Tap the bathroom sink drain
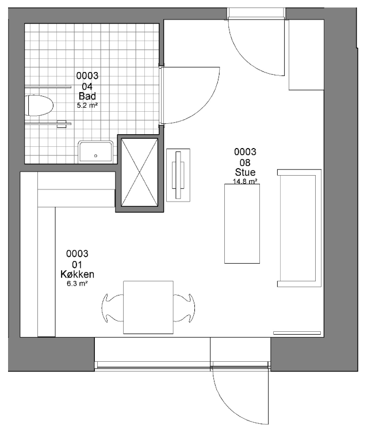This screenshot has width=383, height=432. pyautogui.click(x=95, y=156)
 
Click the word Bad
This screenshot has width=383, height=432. pyautogui.click(x=87, y=96)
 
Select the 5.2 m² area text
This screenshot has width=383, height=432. pyautogui.click(x=87, y=105)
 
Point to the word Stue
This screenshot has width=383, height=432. pyautogui.click(x=245, y=172)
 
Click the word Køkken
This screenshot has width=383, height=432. pyautogui.click(x=77, y=274)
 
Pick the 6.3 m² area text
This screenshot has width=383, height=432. pyautogui.click(x=77, y=283)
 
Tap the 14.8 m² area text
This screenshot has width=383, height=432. pyautogui.click(x=245, y=181)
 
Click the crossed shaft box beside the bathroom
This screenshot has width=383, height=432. pyautogui.click(x=140, y=173)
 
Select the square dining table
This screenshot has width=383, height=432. pyautogui.click(x=148, y=307)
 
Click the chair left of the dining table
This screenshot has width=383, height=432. pyautogui.click(x=112, y=308)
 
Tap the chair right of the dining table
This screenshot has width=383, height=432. pyautogui.click(x=184, y=308)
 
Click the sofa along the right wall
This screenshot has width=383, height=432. pyautogui.click(x=300, y=228)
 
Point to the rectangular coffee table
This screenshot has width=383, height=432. pyautogui.click(x=242, y=223)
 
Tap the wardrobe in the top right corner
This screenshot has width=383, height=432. pyautogui.click(x=307, y=55)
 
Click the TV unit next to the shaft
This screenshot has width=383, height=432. pyautogui.click(x=178, y=175)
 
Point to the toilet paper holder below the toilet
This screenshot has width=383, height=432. pyautogui.click(x=62, y=124)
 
